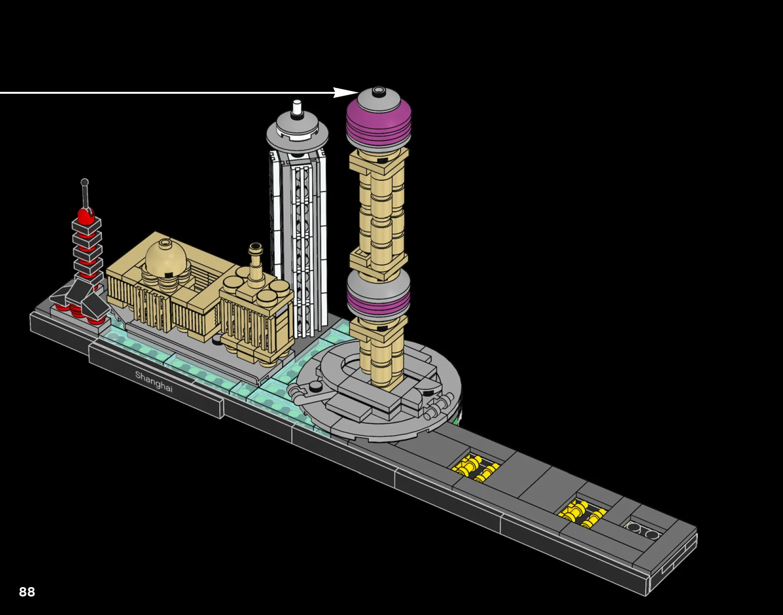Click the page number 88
(27, 592)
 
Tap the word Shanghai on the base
(154, 381)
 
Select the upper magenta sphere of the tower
(379, 121)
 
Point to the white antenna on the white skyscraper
(297, 107)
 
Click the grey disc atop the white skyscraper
(297, 132)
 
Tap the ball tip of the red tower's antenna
(85, 182)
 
